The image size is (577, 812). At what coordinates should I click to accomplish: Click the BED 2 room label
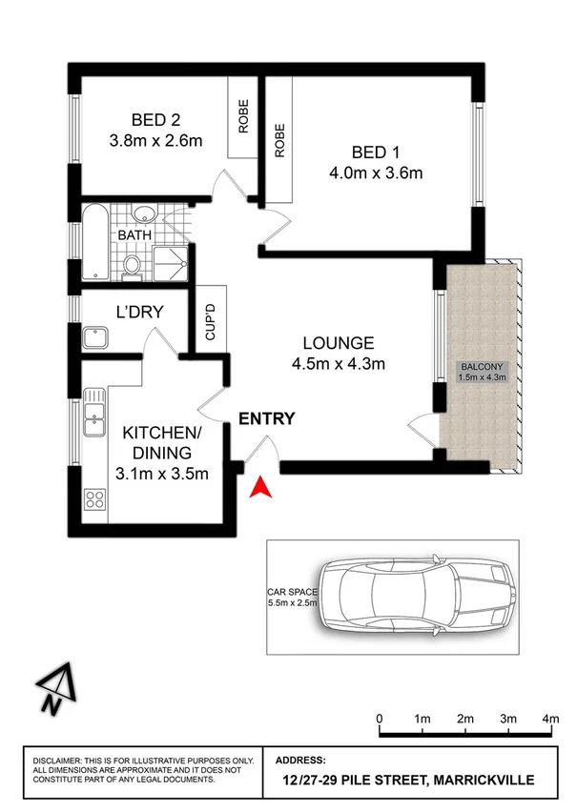156,120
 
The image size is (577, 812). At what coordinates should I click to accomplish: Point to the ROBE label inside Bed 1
279,141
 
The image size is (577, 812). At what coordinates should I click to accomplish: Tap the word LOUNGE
338,343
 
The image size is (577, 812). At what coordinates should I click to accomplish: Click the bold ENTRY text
266,418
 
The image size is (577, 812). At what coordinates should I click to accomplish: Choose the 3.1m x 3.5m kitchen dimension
162,475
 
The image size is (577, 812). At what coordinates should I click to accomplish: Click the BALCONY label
483,367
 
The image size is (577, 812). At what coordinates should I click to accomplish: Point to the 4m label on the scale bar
550,718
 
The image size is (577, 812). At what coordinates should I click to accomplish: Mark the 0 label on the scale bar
380,718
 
